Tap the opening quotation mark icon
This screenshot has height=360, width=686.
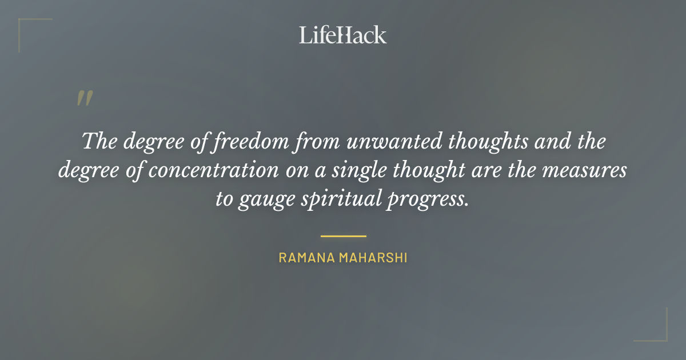(x=84, y=99)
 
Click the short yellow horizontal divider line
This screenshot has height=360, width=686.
(x=343, y=235)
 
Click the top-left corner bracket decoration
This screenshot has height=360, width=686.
(x=29, y=29)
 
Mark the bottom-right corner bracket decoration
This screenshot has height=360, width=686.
(x=657, y=331)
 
